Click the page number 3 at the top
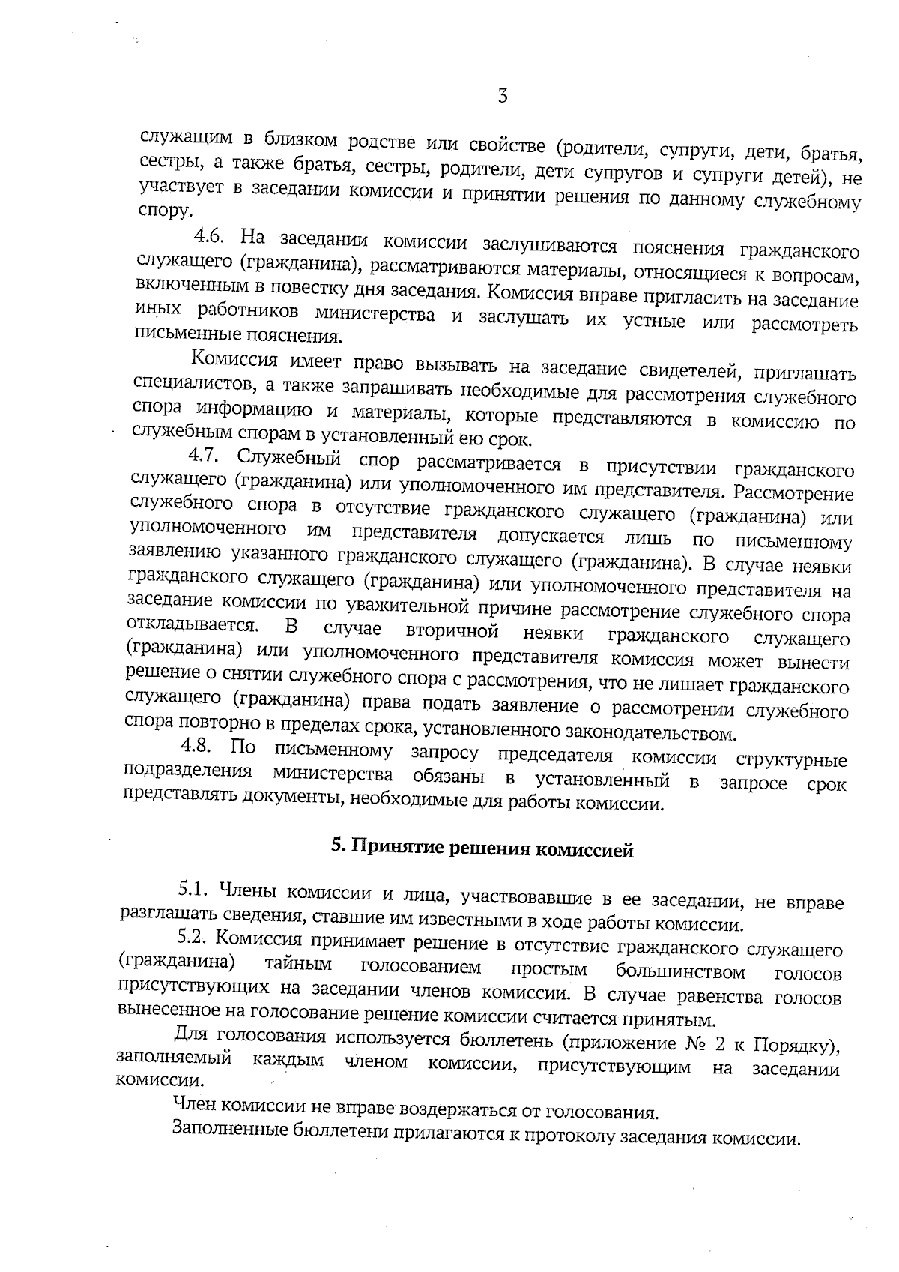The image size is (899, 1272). tap(503, 97)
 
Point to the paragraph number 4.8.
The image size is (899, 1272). tap(198, 747)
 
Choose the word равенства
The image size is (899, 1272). tap(720, 998)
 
